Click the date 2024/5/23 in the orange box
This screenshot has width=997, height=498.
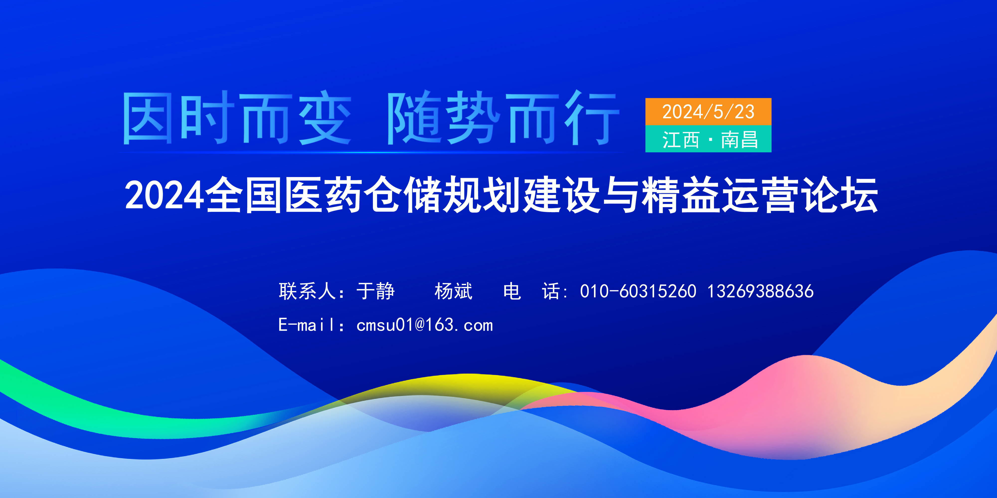[x=708, y=112]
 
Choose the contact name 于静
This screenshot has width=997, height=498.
[x=375, y=291]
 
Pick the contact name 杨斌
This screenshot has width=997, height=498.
[x=453, y=291]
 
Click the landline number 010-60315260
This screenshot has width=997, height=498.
[x=638, y=291]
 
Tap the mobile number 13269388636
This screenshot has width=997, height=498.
[x=760, y=291]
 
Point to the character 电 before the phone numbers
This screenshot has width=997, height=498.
[x=512, y=291]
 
